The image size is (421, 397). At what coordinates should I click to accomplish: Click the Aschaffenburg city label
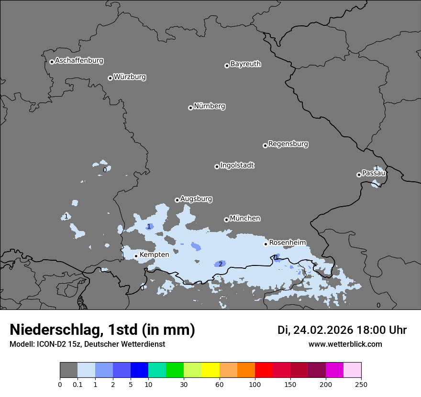pos(79,61)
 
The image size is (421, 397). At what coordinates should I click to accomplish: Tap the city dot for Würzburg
pos(110,78)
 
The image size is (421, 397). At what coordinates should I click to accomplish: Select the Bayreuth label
pos(245,64)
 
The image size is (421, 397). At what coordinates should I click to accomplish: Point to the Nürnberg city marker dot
pos(190,108)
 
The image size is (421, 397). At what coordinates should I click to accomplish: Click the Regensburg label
pos(288,144)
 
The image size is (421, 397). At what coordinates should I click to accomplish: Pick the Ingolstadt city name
pos(237,165)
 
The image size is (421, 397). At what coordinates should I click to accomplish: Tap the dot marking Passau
pos(359,175)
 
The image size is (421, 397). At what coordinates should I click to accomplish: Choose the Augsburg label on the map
pos(196,199)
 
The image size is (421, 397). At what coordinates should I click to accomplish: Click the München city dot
pos(226,220)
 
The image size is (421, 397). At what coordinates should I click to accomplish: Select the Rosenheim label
pos(287,243)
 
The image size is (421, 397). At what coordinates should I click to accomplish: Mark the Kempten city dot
pos(136,256)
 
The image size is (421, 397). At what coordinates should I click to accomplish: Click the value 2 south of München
pos(221,264)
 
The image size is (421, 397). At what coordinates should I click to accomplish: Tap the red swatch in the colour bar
pos(264,370)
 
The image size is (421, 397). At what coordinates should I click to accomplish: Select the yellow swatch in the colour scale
pos(210,370)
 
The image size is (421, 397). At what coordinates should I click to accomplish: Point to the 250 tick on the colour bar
pos(361,384)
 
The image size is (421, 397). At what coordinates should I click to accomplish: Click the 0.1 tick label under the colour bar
pos(78,384)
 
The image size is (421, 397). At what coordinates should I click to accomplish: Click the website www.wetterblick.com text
pos(345,344)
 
